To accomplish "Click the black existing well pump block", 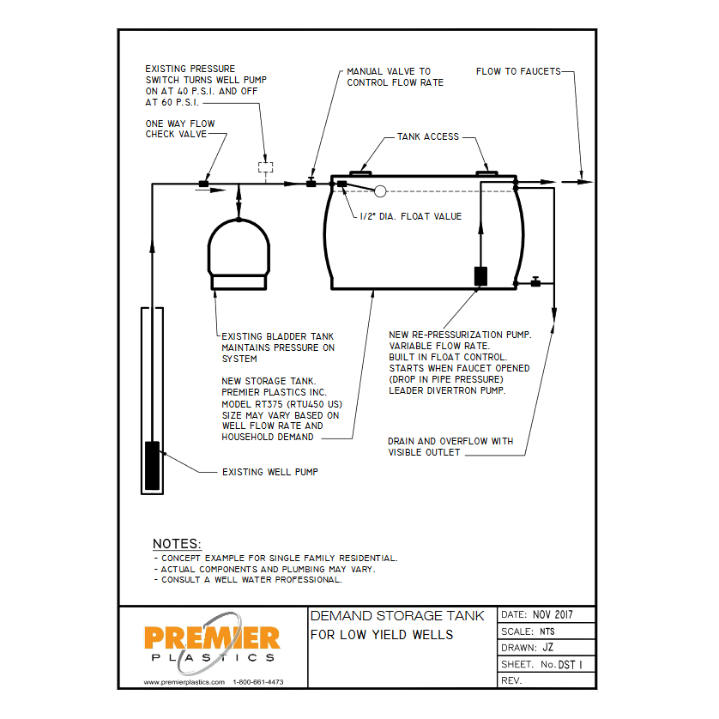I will coord(152,464).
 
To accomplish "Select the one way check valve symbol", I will coord(204,183).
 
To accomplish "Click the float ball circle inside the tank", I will coord(381,191).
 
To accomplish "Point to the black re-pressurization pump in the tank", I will coord(480,275).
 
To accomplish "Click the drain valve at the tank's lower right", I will coord(535,281).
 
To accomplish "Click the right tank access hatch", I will coord(486,173).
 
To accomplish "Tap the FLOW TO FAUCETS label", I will coord(517,72).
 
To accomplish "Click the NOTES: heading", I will coord(177,544).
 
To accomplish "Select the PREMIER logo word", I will coord(212,637).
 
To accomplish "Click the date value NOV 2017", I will coord(552,615).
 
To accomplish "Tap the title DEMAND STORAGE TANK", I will coord(396,616).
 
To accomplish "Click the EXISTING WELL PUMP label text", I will coord(269,472).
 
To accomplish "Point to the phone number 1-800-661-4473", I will coord(258,682).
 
